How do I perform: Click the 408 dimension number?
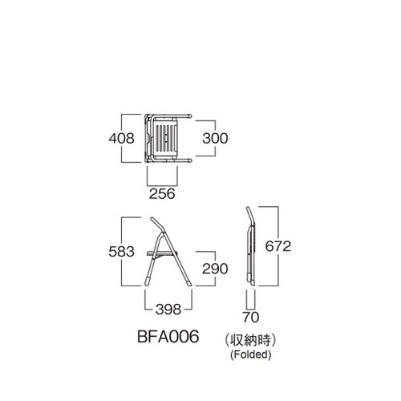121,139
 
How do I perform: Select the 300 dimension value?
215,138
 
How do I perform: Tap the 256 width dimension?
162,194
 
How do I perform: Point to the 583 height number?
121,252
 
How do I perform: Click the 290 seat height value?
215,269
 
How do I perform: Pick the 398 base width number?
168,310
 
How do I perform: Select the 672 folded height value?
278,246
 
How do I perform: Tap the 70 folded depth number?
251,318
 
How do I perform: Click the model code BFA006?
168,336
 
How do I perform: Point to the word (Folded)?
251,354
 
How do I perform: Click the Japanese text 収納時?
251,341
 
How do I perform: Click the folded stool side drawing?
251,246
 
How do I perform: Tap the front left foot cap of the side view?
148,282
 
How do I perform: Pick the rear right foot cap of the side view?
188,282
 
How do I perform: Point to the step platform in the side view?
162,253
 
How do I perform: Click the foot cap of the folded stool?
251,279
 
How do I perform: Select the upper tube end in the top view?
189,115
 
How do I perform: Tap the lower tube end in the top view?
189,160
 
